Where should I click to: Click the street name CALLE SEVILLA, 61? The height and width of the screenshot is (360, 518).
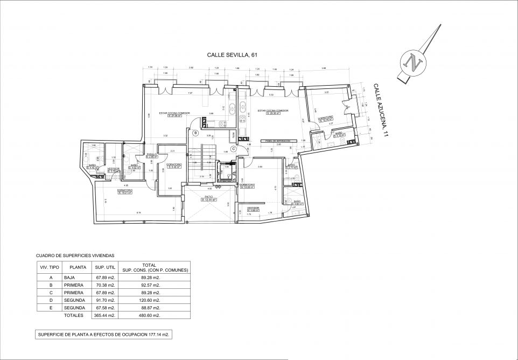[228, 55]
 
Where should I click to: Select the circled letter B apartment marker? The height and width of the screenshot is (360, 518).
[196, 133]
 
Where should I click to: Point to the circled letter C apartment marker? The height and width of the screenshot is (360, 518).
[233, 149]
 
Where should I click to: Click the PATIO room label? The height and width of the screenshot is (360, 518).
[209, 198]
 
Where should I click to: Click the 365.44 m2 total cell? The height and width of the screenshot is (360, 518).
[106, 315]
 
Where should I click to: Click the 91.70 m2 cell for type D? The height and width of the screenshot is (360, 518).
[106, 300]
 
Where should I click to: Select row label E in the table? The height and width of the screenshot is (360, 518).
[51, 307]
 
